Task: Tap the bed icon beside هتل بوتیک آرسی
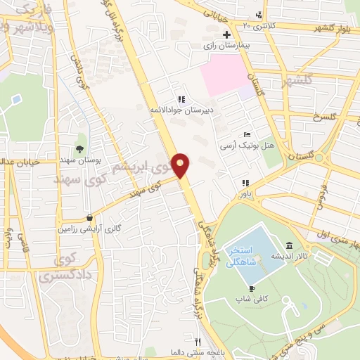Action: [x=246, y=134]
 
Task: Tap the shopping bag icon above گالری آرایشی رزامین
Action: [x=89, y=218]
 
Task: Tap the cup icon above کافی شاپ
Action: [x=252, y=288]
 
